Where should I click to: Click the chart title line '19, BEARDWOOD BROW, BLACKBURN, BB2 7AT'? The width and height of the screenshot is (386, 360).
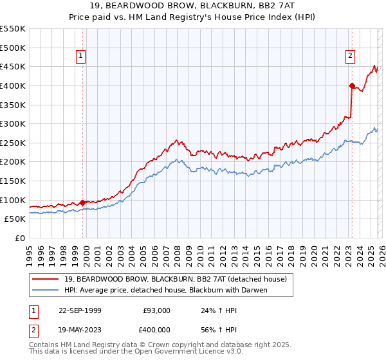(192, 6)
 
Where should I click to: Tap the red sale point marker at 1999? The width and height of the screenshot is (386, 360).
(83, 203)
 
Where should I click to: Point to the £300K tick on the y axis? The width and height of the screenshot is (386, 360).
(13, 123)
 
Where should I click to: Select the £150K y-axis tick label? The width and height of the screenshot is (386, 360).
(13, 181)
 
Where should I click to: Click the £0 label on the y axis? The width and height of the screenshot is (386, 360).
(19, 238)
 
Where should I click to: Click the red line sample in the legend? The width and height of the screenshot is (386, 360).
(46, 279)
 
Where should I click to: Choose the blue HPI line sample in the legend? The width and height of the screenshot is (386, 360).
(46, 290)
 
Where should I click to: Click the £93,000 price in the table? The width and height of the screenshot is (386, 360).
(156, 310)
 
